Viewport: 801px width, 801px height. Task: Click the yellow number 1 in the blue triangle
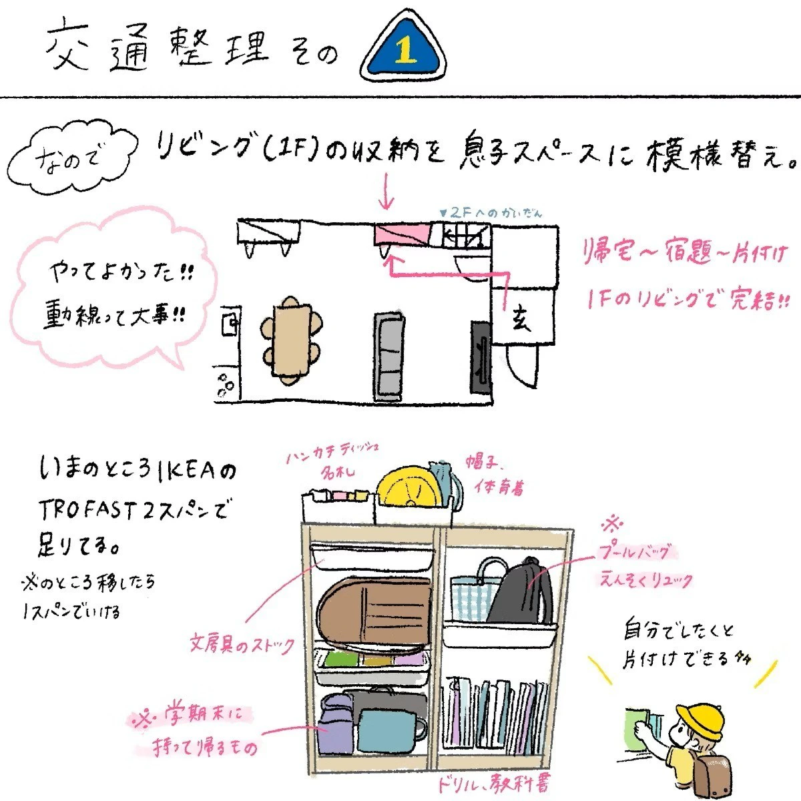(x=403, y=51)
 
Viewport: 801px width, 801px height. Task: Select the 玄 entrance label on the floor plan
(x=522, y=320)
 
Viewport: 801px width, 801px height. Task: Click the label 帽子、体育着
(x=498, y=473)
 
